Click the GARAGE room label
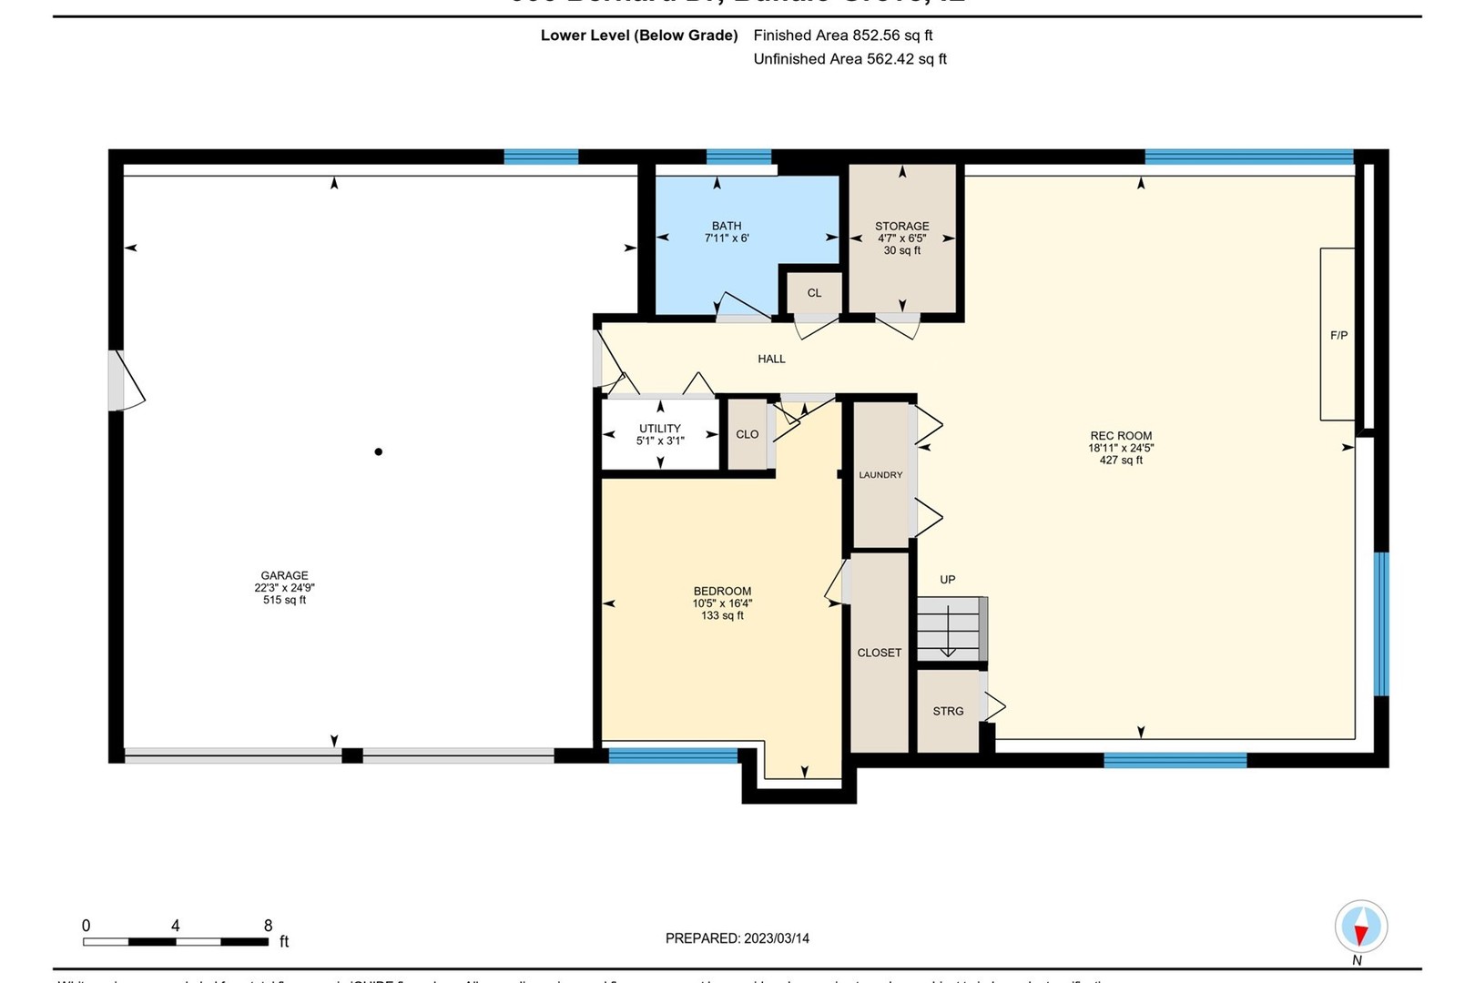(x=284, y=587)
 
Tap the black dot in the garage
(x=378, y=451)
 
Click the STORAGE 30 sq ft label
(x=901, y=238)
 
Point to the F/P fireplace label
(x=1338, y=335)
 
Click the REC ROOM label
(x=1121, y=447)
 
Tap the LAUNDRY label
(x=880, y=475)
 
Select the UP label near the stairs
(x=947, y=580)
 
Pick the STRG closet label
(x=948, y=711)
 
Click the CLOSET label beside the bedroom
(x=879, y=653)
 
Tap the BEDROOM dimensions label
(x=722, y=603)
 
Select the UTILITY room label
(x=660, y=434)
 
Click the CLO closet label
(x=747, y=434)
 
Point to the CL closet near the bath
(x=814, y=293)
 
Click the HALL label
(x=771, y=359)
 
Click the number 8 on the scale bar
(x=268, y=926)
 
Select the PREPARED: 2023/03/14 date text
(x=737, y=938)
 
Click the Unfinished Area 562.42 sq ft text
(x=849, y=59)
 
